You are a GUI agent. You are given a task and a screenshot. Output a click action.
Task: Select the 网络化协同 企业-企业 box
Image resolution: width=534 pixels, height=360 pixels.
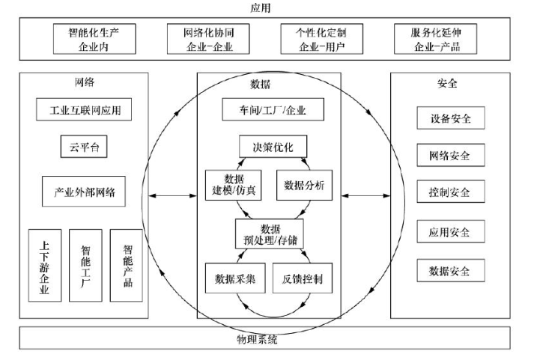tap(208, 40)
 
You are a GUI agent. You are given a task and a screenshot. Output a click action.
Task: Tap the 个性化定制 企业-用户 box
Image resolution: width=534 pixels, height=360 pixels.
tap(323, 40)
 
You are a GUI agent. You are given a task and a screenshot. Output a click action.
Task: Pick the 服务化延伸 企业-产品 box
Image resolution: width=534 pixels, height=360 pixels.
tap(437, 40)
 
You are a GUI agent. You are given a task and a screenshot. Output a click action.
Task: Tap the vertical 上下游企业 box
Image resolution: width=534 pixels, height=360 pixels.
tap(44, 265)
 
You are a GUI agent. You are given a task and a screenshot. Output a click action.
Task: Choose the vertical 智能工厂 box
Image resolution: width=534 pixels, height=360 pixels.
tap(85, 265)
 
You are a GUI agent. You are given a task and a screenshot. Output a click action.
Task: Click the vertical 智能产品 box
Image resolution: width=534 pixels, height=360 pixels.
tap(126, 265)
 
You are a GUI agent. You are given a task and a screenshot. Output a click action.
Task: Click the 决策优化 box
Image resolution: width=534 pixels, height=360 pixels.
tap(268, 146)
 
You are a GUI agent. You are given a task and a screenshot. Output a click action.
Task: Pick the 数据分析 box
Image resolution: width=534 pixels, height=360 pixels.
tap(304, 186)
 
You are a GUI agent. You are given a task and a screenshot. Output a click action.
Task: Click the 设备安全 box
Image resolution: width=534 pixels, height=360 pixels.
tap(450, 118)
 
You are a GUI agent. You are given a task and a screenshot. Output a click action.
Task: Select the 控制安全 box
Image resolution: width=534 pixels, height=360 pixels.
tap(450, 192)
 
